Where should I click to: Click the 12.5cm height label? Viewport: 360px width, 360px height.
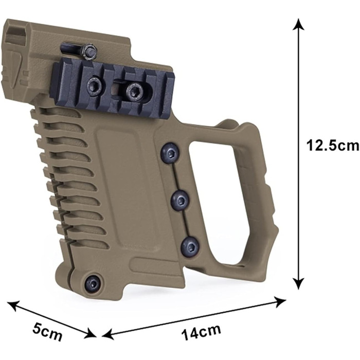(332, 146)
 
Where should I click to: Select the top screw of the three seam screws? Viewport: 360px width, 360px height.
(170, 152)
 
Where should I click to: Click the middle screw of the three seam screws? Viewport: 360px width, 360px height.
(180, 199)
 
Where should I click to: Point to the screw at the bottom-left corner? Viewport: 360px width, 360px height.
(93, 281)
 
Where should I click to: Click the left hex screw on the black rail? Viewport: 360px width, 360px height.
(95, 85)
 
